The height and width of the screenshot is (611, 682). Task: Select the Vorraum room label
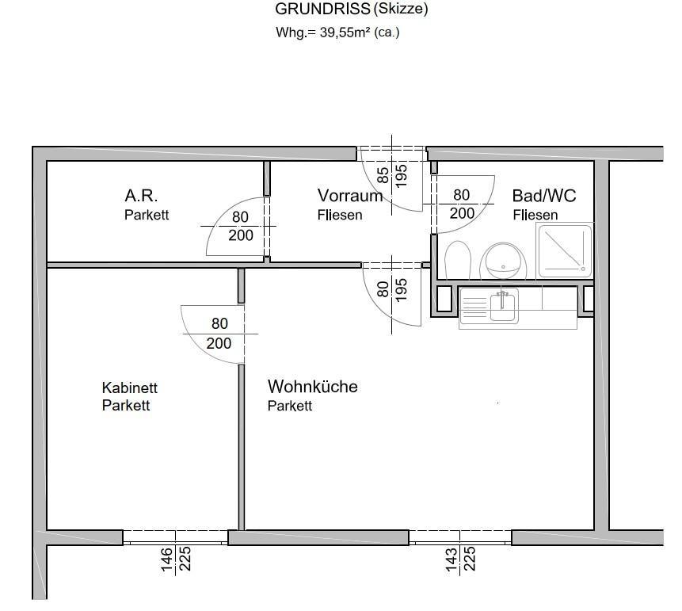(x=349, y=196)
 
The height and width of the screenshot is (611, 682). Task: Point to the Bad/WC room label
(x=544, y=196)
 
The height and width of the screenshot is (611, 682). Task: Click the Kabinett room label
(x=130, y=388)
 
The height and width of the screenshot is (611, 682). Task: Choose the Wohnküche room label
(x=312, y=387)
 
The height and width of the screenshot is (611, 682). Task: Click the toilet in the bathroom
(x=458, y=260)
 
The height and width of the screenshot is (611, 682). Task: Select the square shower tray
(x=565, y=250)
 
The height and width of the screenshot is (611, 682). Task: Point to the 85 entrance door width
(x=383, y=174)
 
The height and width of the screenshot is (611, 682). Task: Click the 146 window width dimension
(x=167, y=559)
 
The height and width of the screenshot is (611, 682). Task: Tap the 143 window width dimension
(x=451, y=559)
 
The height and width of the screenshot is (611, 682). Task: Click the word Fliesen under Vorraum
(x=340, y=215)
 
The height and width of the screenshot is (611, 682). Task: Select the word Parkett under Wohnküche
(x=290, y=406)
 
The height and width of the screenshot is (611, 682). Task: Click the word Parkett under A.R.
(x=147, y=215)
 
